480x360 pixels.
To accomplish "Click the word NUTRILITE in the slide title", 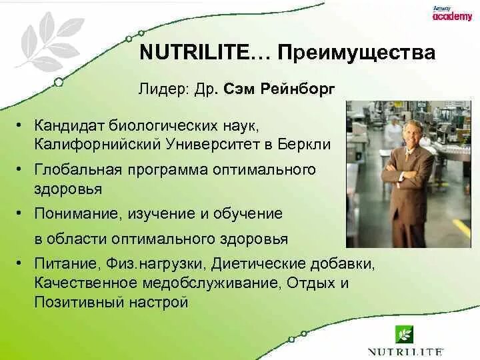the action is (194, 53).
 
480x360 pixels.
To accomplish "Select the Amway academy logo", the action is (453, 13).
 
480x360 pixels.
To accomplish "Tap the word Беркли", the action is (304, 144).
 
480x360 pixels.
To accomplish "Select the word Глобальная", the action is (78, 169).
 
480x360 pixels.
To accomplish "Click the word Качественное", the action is (85, 283).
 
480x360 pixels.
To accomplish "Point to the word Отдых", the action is (311, 283).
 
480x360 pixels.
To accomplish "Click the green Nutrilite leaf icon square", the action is (404, 335).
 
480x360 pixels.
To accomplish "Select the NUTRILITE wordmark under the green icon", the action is (405, 351).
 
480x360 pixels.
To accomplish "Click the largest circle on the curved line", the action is (59, 82).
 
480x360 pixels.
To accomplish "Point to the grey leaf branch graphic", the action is (49, 41).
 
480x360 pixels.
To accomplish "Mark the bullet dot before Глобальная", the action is (19, 169).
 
